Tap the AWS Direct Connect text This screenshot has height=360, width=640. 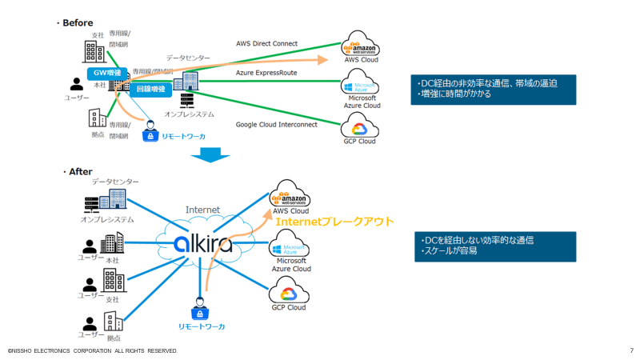[266, 43]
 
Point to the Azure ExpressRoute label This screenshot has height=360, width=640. [267, 72]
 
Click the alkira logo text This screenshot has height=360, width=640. [203, 242]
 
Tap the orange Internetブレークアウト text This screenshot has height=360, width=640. [334, 221]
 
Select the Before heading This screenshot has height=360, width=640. [77, 22]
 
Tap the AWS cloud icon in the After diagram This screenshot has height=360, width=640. [290, 194]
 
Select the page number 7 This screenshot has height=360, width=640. [631, 350]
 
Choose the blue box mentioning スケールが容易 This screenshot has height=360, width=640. [494, 246]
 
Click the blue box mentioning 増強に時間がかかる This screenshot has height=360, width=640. [494, 89]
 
